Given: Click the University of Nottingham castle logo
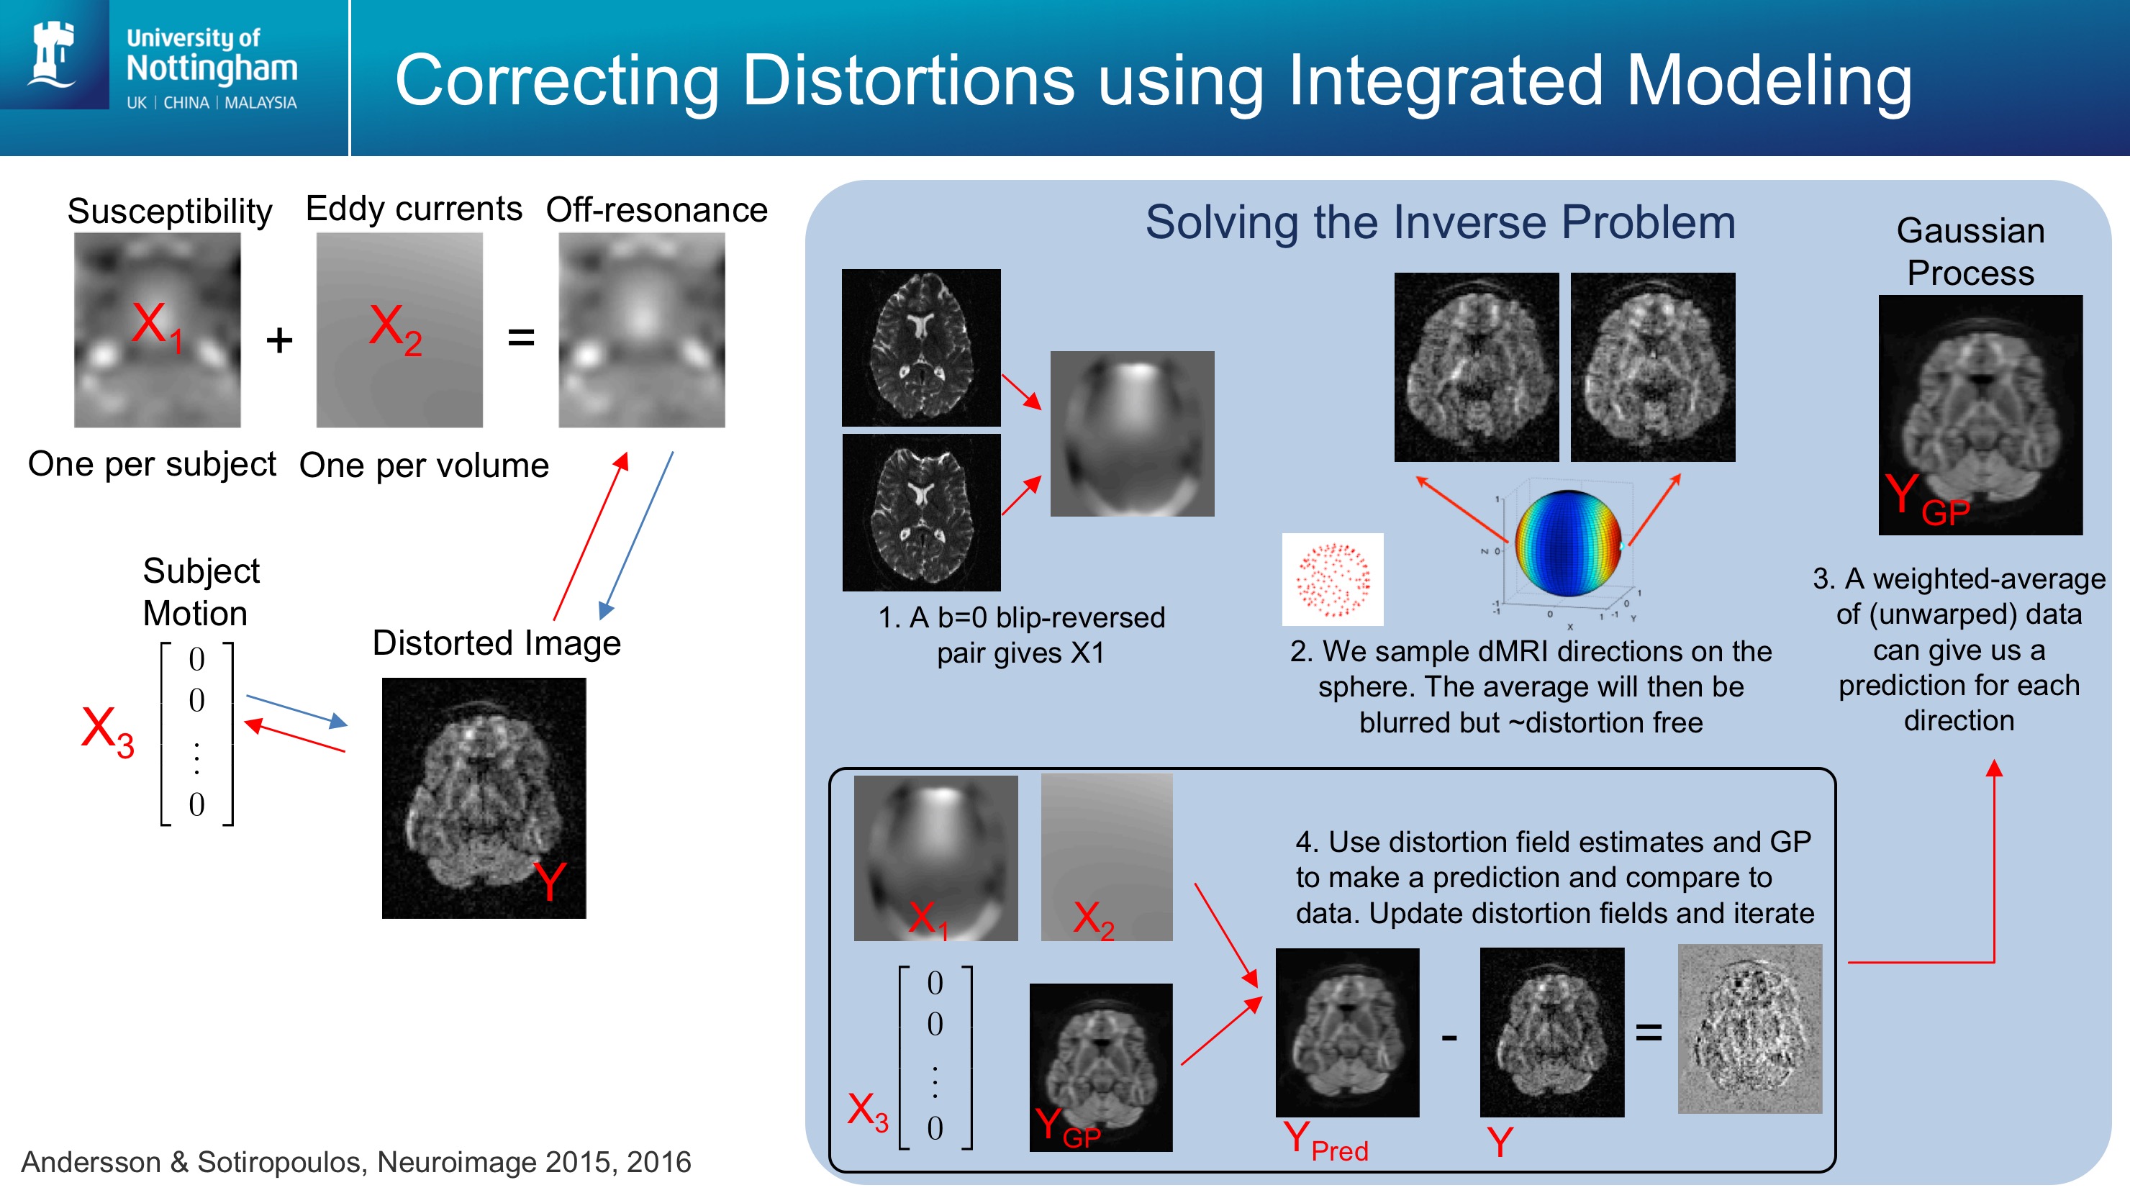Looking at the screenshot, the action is (53, 54).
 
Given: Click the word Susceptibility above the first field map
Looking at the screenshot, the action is (170, 211).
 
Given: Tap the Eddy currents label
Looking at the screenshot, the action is (414, 209).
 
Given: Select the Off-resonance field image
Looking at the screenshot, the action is (642, 330).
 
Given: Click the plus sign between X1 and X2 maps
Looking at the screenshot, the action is (279, 340).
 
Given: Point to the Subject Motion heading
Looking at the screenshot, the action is (201, 591).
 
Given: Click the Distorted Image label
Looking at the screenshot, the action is (496, 643).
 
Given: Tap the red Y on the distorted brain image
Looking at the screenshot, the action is (550, 881).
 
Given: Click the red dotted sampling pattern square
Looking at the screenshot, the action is (1332, 578).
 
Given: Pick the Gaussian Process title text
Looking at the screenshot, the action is (1970, 251).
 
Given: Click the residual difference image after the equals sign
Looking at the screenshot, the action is (1749, 1030).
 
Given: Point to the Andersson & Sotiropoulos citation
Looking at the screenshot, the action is (355, 1161).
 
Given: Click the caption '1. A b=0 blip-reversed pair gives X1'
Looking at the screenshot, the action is (1021, 634).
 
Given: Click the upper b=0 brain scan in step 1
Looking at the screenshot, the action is (921, 348).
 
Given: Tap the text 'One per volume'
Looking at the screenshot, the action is (423, 466).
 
